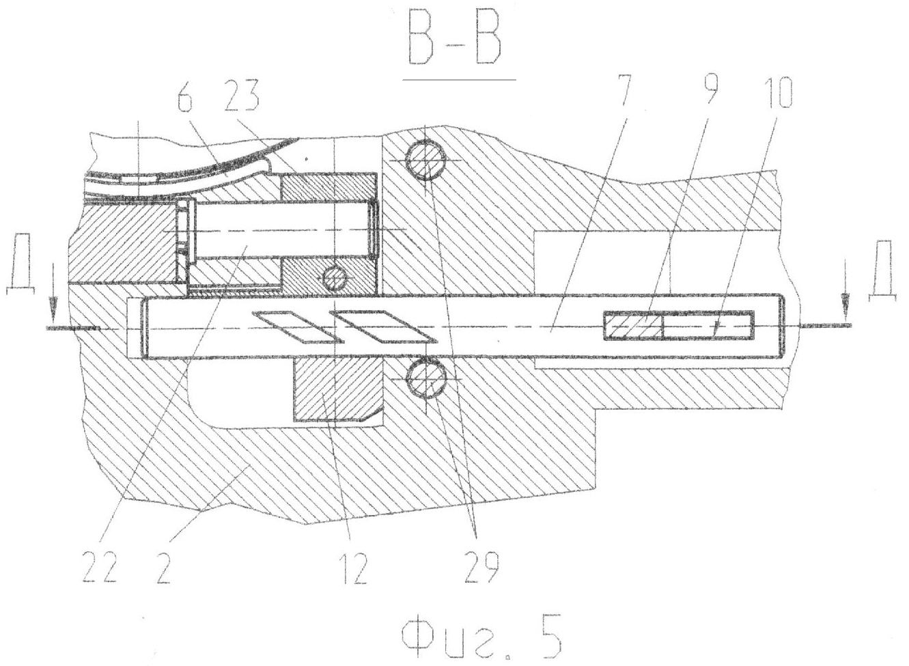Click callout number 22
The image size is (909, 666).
(100, 568)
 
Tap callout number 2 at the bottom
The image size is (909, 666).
(163, 568)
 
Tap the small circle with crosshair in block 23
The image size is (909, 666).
(335, 278)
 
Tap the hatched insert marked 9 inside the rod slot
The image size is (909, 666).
(634, 326)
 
